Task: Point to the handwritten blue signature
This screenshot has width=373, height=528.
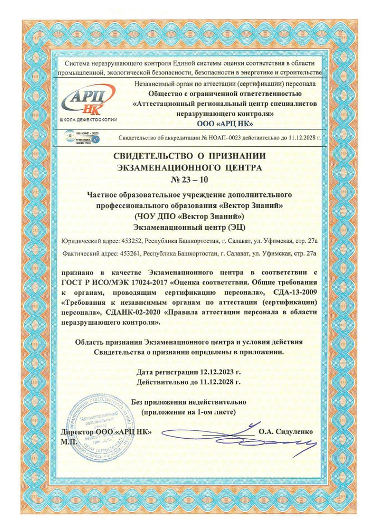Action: pyautogui.click(x=237, y=436)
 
